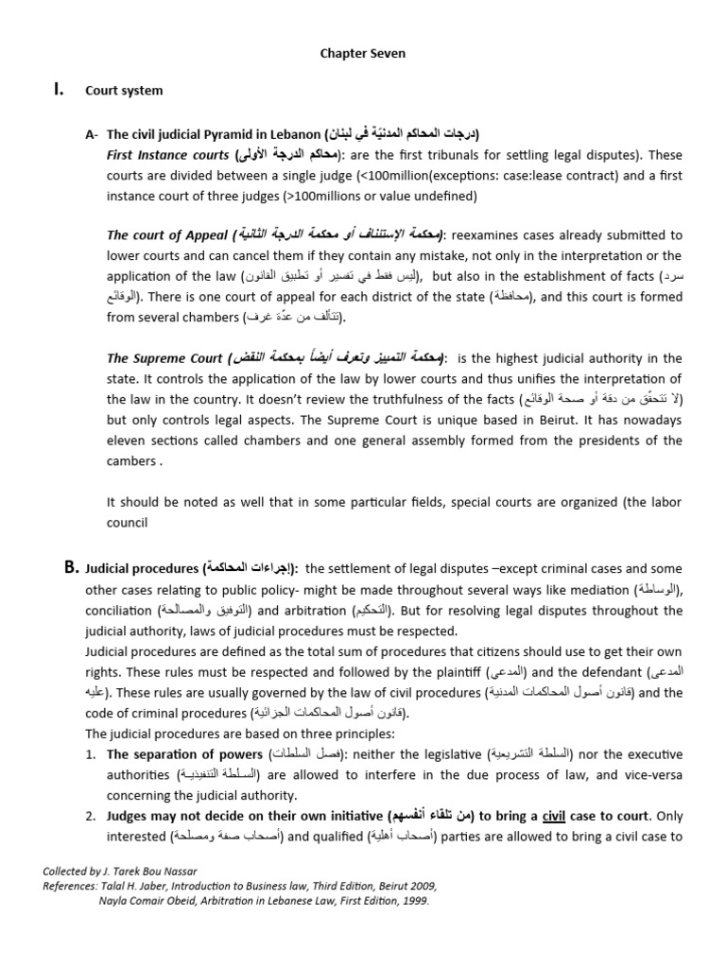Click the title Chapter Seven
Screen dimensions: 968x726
pyautogui.click(x=363, y=54)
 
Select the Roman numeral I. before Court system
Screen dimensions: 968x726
pyautogui.click(x=59, y=91)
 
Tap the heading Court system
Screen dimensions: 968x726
pyautogui.click(x=124, y=91)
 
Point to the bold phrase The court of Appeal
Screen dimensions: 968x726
pyautogui.click(x=166, y=234)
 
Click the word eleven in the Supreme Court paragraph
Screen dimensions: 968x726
pyautogui.click(x=129, y=441)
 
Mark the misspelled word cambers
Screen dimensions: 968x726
pyautogui.click(x=131, y=461)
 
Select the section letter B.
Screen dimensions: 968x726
pyautogui.click(x=70, y=568)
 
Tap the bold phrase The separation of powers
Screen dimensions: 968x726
pyautogui.click(x=184, y=754)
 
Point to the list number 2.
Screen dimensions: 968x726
pyautogui.click(x=91, y=816)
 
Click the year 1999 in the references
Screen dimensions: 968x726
pyautogui.click(x=412, y=901)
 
